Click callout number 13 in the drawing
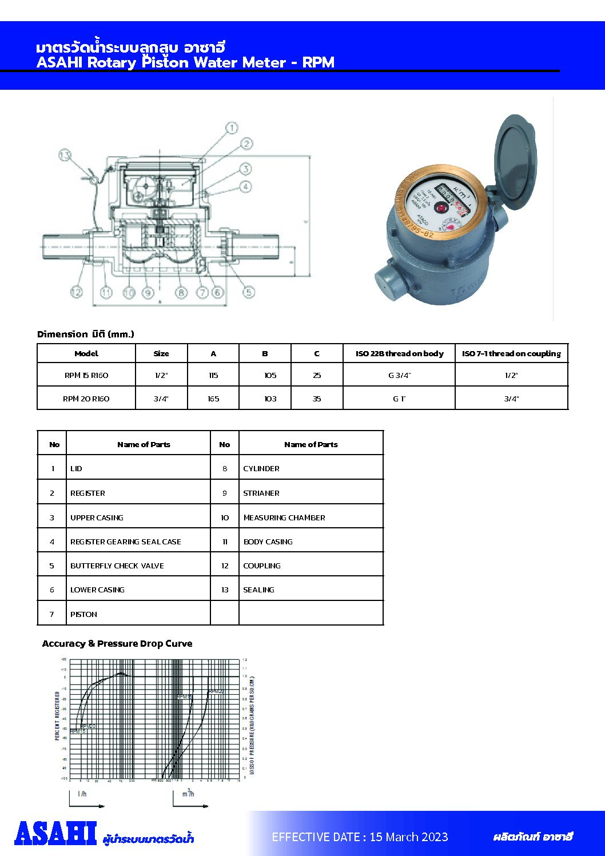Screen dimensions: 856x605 click(x=65, y=155)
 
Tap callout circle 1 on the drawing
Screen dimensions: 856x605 click(x=232, y=128)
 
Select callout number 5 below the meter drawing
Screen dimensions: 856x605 click(x=249, y=292)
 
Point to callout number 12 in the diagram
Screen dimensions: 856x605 click(x=77, y=292)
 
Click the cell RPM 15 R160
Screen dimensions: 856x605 click(x=86, y=376)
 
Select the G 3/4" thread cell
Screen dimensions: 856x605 click(x=399, y=376)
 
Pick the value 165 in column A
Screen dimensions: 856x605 click(x=213, y=399)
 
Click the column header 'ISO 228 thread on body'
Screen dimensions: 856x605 click(x=399, y=353)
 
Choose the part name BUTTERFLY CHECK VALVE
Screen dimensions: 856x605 click(x=117, y=566)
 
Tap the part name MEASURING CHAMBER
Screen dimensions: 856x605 click(x=284, y=517)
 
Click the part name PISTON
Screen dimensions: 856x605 click(x=83, y=614)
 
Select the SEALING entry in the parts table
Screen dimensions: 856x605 click(x=258, y=590)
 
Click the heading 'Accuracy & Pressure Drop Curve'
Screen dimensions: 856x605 click(x=117, y=643)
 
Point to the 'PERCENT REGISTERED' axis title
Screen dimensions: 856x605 click(x=57, y=716)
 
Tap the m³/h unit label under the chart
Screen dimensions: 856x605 click(x=188, y=793)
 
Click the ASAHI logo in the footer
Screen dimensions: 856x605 click(x=55, y=833)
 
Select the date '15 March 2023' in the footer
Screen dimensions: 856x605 click(x=409, y=837)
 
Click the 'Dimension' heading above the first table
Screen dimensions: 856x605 click(x=62, y=334)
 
